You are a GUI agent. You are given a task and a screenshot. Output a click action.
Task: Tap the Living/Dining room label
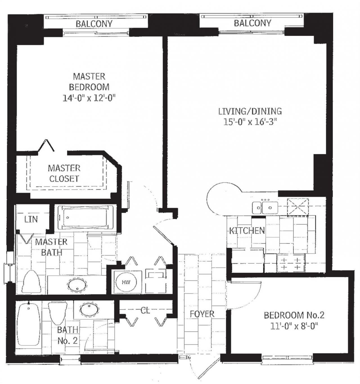point(250,111)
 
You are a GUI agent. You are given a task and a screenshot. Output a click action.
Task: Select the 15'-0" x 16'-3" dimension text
point(250,122)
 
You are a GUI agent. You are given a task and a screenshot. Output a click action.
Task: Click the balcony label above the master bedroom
point(94,24)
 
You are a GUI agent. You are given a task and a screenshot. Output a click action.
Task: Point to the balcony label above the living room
point(252,23)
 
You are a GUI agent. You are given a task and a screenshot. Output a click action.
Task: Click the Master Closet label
point(64,173)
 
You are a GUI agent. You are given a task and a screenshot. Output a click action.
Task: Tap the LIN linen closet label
point(31,219)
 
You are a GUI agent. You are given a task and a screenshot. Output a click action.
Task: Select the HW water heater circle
point(126,282)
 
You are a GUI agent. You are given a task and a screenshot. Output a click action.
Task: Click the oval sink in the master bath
point(77,285)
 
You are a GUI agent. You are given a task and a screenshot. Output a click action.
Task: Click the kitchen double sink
point(265,208)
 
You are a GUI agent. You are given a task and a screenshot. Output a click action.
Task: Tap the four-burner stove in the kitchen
point(291,263)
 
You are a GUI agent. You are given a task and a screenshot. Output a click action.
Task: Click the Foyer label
point(202,314)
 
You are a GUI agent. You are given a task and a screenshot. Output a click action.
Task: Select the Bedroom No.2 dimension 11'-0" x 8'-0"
point(294,326)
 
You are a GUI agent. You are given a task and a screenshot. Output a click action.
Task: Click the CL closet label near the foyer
point(145,310)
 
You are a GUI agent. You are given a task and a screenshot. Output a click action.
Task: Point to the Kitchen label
point(247,231)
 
